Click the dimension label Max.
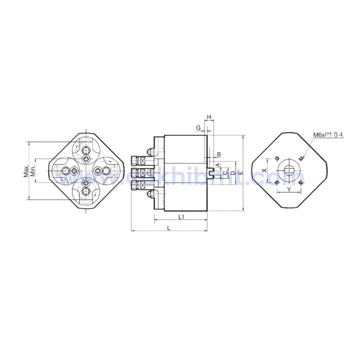tap(25, 171)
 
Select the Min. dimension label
tap(33, 171)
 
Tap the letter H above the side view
tap(209, 117)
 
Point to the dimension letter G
tap(198, 127)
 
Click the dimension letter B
tap(219, 155)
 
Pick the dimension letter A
tap(218, 165)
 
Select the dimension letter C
tap(225, 172)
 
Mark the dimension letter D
tap(233, 172)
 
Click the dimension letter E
tap(240, 173)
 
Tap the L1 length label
tap(181, 216)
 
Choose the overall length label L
tap(169, 227)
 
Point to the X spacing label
tap(264, 170)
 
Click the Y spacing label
tap(289, 189)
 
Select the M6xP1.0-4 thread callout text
tap(328, 134)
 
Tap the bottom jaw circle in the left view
tap(86, 190)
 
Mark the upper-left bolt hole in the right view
tap(277, 158)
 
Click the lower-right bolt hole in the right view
tap(301, 183)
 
